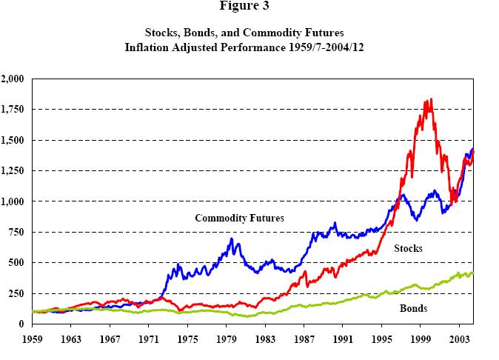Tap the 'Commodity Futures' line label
(x=239, y=218)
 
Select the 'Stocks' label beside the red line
(x=408, y=248)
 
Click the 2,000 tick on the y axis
(x=13, y=79)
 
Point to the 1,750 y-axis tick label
(x=13, y=109)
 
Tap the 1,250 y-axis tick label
(x=13, y=170)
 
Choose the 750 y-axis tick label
(x=16, y=232)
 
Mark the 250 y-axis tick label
(x=16, y=293)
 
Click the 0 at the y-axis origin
(x=21, y=324)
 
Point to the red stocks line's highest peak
(x=431, y=99)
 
